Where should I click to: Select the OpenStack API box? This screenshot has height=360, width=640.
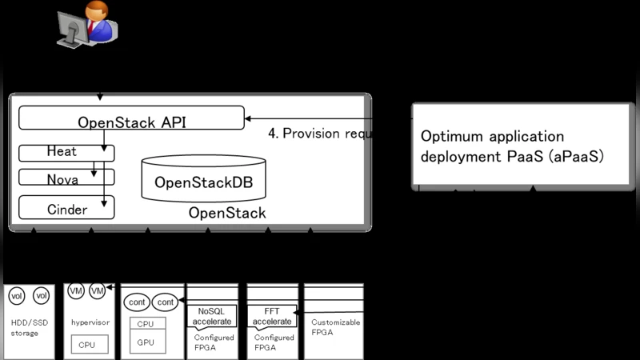click(131, 121)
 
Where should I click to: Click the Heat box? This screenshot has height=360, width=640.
click(66, 152)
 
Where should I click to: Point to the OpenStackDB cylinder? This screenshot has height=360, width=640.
click(202, 179)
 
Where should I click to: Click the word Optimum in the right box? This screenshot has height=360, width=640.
click(451, 136)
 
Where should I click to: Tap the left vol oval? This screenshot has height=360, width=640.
click(17, 295)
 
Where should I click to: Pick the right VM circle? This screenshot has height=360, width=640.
click(98, 290)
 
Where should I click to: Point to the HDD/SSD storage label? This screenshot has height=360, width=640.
click(26, 327)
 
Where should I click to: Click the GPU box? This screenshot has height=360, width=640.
click(146, 341)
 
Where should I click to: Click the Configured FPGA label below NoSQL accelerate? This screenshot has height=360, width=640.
click(214, 342)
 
